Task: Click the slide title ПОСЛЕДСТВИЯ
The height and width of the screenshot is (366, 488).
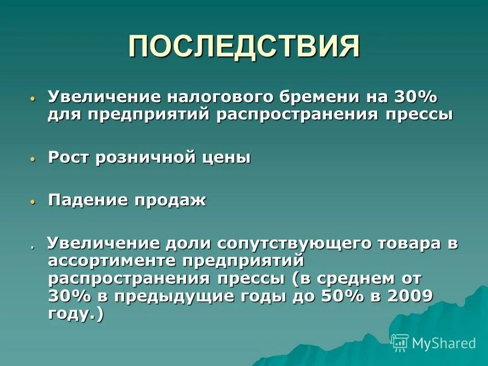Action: pyautogui.click(x=244, y=47)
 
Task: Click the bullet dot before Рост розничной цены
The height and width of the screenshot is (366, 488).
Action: pyautogui.click(x=33, y=159)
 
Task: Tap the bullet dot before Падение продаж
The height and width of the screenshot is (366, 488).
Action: pyautogui.click(x=33, y=202)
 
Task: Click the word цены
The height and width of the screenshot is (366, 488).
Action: pyautogui.click(x=227, y=158)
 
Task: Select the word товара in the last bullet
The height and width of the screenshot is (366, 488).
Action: pyautogui.click(x=410, y=243)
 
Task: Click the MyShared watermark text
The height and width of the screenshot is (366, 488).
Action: pyautogui.click(x=444, y=343)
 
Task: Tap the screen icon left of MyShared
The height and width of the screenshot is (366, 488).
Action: pyautogui.click(x=400, y=343)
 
